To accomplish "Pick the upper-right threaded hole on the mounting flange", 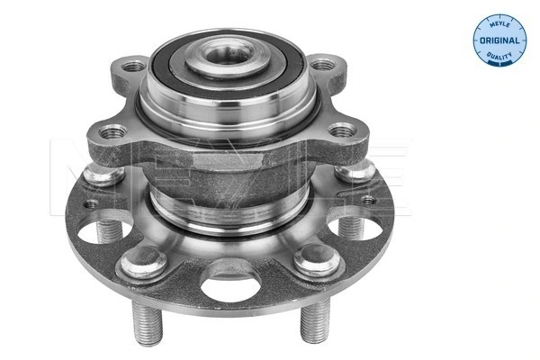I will pyautogui.click(x=321, y=65).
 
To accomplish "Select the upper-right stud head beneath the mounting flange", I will pyautogui.click(x=357, y=171).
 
